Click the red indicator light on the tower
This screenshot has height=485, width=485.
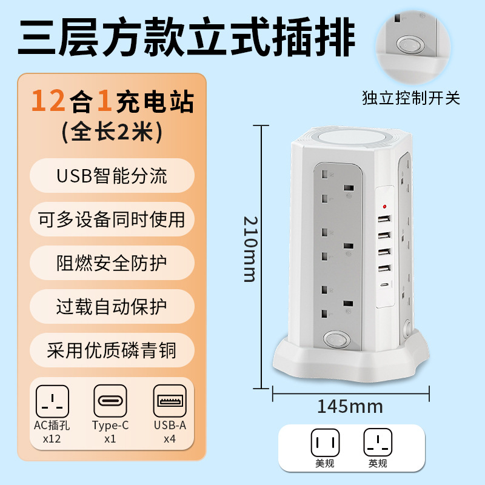[384, 206]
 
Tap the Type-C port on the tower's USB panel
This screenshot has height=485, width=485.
[384, 284]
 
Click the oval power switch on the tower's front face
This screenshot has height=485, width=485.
[337, 339]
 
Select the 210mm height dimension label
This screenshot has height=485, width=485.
[250, 249]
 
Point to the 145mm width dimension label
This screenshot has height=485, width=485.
[350, 406]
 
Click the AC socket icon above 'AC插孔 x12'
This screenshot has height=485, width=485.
[52, 401]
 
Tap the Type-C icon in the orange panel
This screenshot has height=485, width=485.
[110, 401]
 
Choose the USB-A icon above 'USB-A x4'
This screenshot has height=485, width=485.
[170, 401]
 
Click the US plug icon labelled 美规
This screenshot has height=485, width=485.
[325, 443]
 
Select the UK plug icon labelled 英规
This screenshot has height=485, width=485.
[378, 443]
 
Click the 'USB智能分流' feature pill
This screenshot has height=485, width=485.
[112, 175]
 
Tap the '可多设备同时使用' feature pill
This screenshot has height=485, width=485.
[112, 219]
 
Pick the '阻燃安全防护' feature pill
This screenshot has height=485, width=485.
[112, 263]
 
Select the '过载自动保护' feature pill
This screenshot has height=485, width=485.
[112, 307]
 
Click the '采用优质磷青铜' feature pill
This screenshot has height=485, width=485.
[112, 350]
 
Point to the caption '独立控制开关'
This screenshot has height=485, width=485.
[411, 98]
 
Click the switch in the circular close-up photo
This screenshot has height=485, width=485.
[407, 45]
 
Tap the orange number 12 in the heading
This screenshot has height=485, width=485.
[48, 101]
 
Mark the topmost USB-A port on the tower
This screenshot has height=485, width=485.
[384, 219]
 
